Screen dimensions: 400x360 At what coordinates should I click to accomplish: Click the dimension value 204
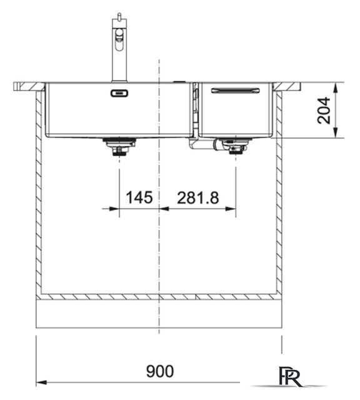[324, 110]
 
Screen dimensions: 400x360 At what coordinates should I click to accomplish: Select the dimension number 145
[139, 198]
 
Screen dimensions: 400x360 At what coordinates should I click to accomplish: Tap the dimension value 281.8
[197, 198]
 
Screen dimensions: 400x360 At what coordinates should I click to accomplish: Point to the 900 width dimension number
[160, 371]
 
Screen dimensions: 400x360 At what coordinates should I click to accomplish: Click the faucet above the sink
[118, 50]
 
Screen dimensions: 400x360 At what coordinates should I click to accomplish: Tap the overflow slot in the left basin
[118, 93]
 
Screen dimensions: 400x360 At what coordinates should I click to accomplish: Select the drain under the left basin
[117, 147]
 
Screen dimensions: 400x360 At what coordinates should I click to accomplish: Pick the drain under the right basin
[236, 147]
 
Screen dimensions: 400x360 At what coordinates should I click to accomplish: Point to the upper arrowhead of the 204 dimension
[336, 86]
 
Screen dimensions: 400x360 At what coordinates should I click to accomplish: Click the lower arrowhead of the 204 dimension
[336, 133]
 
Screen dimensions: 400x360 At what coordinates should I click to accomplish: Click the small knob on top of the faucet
[116, 16]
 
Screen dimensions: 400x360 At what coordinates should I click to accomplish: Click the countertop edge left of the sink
[28, 86]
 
